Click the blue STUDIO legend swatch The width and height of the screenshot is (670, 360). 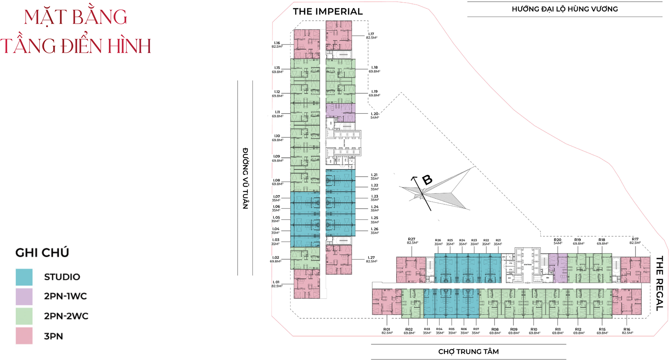(x=24, y=277)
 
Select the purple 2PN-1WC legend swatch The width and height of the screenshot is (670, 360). (x=24, y=297)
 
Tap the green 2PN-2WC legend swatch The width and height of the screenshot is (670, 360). (x=24, y=316)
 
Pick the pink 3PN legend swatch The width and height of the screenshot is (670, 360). (x=24, y=336)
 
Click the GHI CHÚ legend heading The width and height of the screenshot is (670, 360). (x=42, y=253)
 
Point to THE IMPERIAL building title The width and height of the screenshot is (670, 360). (x=328, y=12)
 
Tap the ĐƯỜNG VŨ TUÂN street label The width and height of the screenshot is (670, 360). (x=245, y=178)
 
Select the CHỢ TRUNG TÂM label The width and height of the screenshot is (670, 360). (x=468, y=352)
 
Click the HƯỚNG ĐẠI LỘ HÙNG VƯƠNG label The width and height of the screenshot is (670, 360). (x=564, y=9)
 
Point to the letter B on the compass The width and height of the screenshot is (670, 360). (x=427, y=180)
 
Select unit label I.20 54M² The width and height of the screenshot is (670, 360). (x=375, y=116)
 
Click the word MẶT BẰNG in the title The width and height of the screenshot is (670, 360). (x=75, y=17)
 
